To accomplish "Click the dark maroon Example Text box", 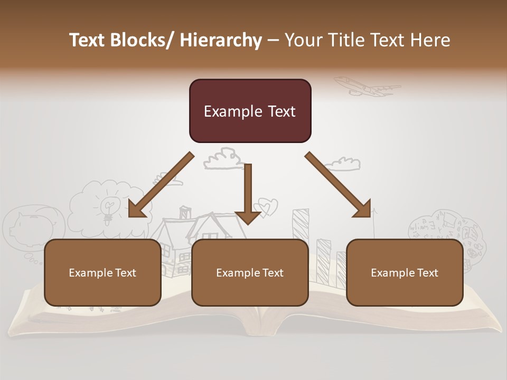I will pos(250,111).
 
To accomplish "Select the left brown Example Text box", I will pos(102,272).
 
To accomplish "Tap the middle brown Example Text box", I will pos(250,272).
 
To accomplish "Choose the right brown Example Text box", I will pos(405,272).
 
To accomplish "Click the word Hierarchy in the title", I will pos(221,40).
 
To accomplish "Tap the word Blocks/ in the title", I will pos(141,40).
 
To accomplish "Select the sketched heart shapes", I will pos(266,206).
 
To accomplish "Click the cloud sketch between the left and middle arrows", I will pos(222,158).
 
